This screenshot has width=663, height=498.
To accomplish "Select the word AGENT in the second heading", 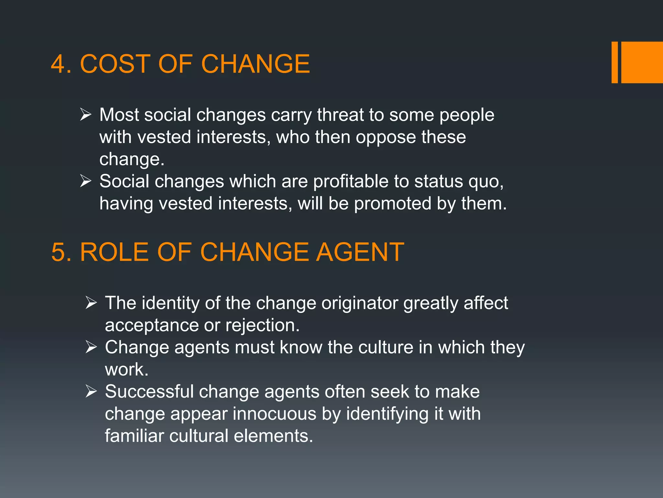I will [360, 252].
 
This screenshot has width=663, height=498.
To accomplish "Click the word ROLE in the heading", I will [114, 252].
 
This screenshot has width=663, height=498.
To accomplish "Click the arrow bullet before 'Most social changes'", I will [86, 114].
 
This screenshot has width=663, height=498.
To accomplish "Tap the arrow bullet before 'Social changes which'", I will [86, 181].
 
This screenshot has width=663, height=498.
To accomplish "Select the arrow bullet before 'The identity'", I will [91, 302].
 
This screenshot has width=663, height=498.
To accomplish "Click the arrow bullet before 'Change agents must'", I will [91, 347].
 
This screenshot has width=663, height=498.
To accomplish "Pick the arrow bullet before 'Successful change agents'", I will [91, 391].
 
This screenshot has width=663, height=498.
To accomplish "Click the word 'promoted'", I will [392, 204].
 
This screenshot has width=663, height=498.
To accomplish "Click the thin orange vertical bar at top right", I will [614, 62].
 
